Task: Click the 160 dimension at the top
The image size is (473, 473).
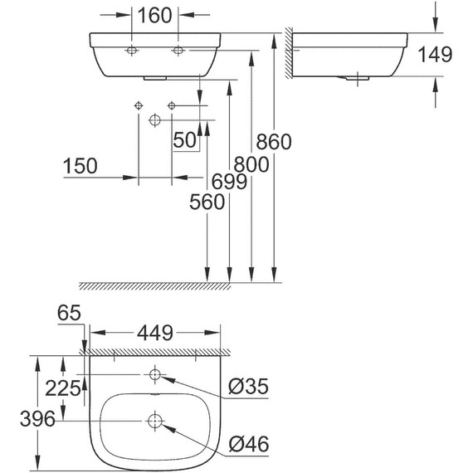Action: [155, 15]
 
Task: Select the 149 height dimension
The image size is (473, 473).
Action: [436, 55]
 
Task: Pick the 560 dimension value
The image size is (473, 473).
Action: [207, 202]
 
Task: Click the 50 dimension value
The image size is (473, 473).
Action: [185, 140]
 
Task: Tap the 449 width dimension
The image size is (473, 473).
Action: [154, 334]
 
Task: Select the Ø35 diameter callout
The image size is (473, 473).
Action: [248, 387]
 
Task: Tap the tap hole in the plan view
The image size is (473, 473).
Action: [155, 376]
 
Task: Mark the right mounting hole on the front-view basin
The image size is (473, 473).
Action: [178, 51]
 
